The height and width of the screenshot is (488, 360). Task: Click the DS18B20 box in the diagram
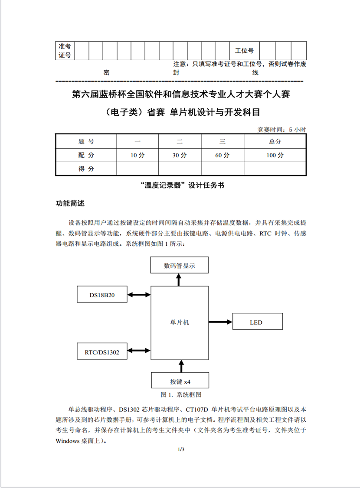click(102, 295)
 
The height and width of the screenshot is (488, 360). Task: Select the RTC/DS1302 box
click(102, 352)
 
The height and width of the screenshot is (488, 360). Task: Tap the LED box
click(258, 322)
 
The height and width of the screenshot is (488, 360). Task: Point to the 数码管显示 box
click(179, 265)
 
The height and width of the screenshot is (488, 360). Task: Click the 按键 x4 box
click(180, 381)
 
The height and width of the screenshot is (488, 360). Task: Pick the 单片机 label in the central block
click(180, 323)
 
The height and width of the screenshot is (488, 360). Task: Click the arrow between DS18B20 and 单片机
click(139, 295)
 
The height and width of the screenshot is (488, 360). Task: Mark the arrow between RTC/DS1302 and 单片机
click(139, 351)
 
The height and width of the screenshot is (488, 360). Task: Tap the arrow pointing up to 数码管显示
click(179, 280)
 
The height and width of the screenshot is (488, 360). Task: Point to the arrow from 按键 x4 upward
click(180, 367)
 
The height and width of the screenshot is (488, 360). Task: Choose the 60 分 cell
click(222, 155)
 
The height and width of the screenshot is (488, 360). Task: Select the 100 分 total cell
click(275, 155)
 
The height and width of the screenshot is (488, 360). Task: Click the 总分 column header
click(275, 141)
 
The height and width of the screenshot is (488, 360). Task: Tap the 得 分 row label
click(86, 169)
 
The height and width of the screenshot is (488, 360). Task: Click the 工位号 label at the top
click(244, 51)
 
